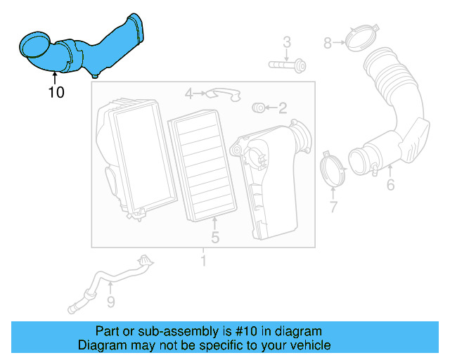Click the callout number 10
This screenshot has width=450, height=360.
56,91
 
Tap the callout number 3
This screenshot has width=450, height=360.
287,43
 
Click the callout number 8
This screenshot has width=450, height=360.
328,44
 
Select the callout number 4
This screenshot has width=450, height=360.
188,93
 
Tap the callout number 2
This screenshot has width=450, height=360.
282,108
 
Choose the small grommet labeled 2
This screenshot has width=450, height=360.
258,107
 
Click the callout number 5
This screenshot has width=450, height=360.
215,238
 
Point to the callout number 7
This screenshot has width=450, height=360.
333,207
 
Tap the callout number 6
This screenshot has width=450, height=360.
390,186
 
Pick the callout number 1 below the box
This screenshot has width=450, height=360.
204,262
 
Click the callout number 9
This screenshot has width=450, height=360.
110,302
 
